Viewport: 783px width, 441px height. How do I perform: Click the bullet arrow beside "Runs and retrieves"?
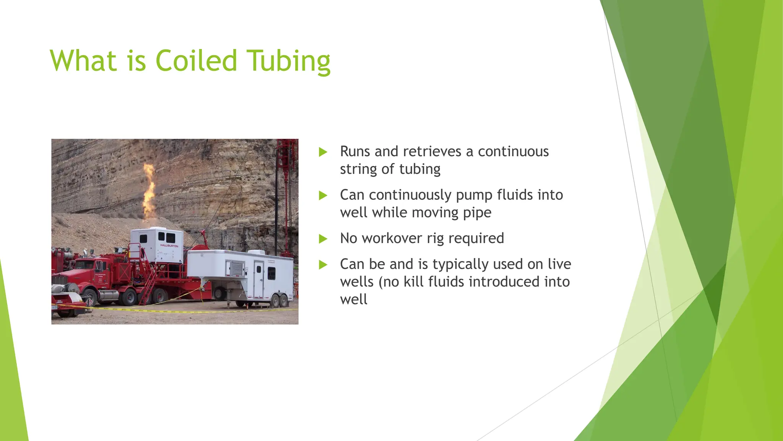point(323,152)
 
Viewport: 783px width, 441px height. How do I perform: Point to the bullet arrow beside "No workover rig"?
point(323,239)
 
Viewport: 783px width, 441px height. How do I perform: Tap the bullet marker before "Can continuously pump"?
point(323,196)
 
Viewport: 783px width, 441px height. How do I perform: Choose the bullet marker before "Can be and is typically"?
point(323,265)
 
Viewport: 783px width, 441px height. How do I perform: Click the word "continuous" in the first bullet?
point(513,152)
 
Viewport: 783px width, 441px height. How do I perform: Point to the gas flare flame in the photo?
point(149,191)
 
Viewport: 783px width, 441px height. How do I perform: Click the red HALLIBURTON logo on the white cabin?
point(169,246)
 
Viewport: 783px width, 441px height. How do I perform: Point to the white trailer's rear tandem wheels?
point(279,301)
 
